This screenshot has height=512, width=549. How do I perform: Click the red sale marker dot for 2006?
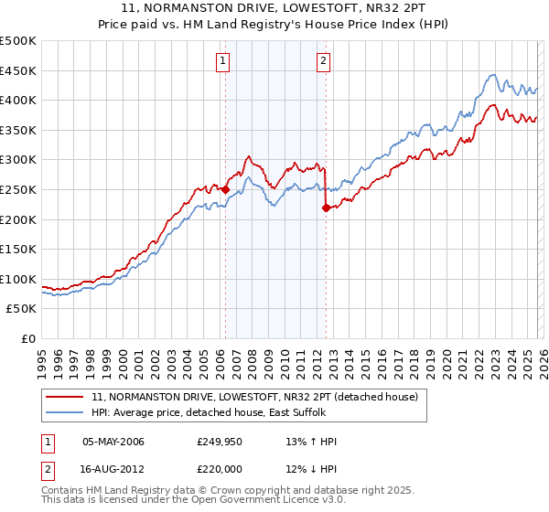tap(225, 189)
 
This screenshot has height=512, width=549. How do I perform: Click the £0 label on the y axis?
tap(28, 338)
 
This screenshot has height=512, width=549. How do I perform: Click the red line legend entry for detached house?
tap(254, 397)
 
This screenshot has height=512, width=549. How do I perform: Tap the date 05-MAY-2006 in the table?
tap(113, 442)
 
